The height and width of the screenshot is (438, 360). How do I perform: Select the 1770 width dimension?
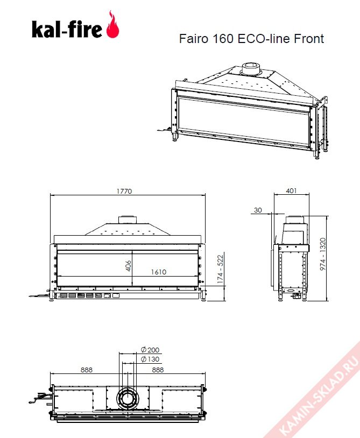click(x=124, y=192)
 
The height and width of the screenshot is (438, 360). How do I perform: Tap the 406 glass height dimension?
click(x=128, y=266)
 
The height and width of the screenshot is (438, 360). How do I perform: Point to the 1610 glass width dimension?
click(x=159, y=272)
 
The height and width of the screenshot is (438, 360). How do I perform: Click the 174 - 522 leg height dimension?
click(x=220, y=269)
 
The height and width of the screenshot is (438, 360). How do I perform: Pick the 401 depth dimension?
click(x=291, y=191)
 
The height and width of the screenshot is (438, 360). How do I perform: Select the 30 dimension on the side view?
click(x=258, y=210)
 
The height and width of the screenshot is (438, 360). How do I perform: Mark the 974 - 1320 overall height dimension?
click(x=323, y=254)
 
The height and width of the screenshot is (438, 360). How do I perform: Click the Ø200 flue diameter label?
click(x=150, y=350)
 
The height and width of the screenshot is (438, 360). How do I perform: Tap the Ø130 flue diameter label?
click(x=150, y=359)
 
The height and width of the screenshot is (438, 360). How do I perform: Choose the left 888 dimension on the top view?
click(x=87, y=370)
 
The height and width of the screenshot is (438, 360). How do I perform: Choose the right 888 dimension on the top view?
click(x=158, y=370)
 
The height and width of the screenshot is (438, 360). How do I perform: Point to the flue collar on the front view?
click(x=128, y=220)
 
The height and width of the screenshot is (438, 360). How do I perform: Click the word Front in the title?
click(x=309, y=39)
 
